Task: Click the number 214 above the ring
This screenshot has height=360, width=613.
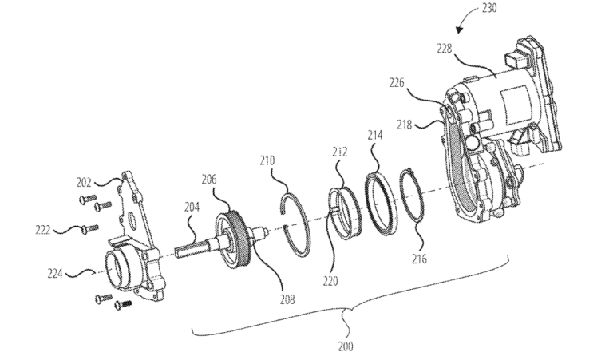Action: click(375, 136)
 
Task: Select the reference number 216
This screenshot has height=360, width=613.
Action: click(421, 259)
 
